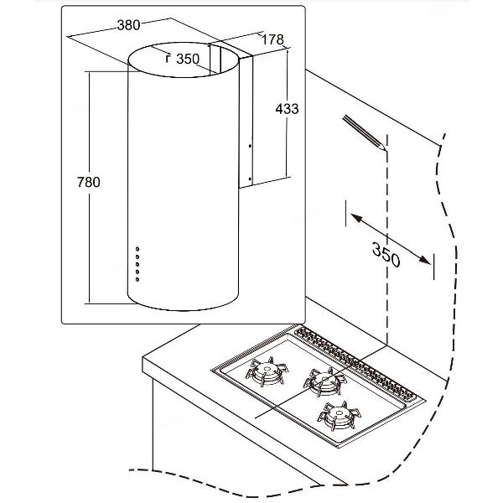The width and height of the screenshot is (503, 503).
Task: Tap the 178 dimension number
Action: click(272, 39)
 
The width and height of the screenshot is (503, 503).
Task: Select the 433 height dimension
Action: click(287, 108)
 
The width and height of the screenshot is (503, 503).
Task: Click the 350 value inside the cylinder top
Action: click(187, 59)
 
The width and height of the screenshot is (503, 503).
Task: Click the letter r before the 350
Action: click(168, 59)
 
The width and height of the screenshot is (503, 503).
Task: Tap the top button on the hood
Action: click(137, 249)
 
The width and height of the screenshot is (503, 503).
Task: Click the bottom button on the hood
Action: click(137, 276)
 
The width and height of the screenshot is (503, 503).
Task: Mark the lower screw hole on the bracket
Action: click(249, 177)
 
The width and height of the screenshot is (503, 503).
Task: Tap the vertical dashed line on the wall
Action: click(386, 251)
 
